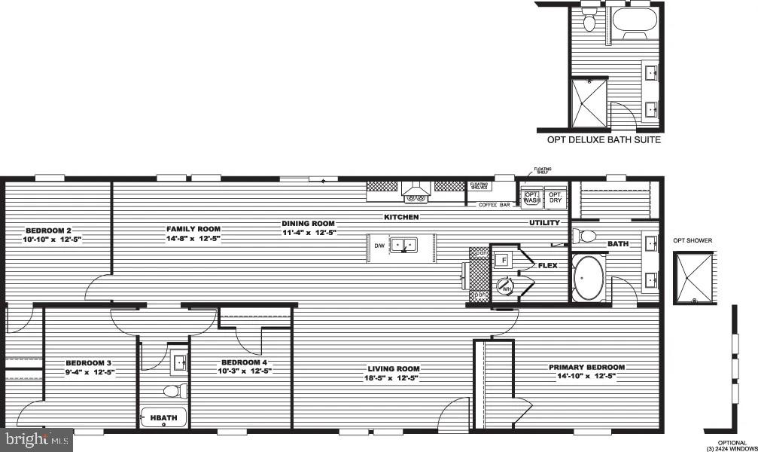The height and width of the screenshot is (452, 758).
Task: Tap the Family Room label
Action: tap(193, 233)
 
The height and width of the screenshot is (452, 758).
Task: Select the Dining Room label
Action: tap(308, 228)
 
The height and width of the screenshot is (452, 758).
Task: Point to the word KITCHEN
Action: tap(401, 217)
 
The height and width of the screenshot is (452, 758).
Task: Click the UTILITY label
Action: tap(544, 223)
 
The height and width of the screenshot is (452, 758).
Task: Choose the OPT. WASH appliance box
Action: tap(532, 198)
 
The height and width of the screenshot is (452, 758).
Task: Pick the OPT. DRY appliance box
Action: tap(556, 198)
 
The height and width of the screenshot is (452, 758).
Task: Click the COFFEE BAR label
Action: tap(495, 205)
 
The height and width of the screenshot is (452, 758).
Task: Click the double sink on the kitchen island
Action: tap(407, 245)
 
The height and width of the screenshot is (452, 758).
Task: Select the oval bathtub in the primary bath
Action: tap(588, 279)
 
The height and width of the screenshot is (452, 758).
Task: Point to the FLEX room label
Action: tap(546, 265)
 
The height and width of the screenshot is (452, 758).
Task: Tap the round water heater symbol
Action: tap(504, 286)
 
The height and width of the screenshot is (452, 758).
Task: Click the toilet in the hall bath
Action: tap(175, 391)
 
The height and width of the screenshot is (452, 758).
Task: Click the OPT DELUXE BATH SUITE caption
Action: tap(604, 140)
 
